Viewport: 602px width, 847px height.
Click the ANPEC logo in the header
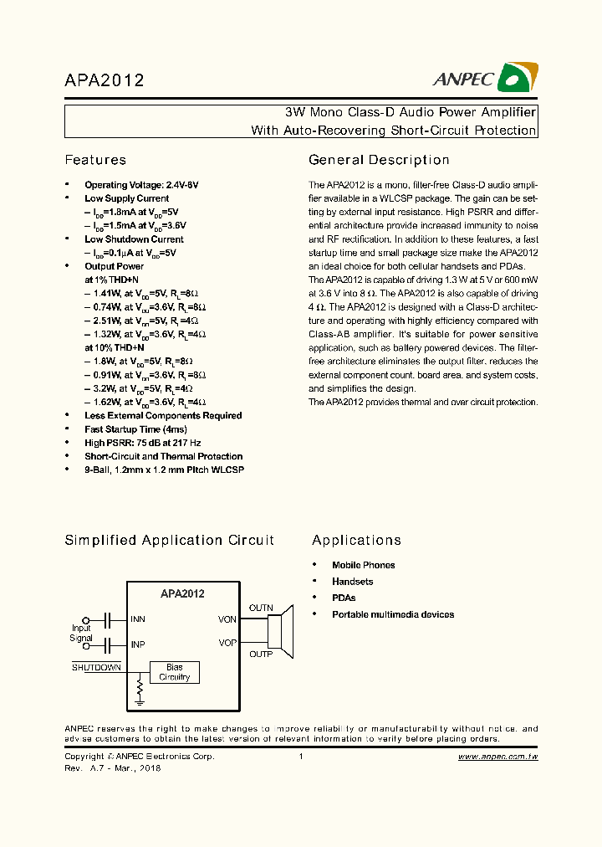click(484, 80)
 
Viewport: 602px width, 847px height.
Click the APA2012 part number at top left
click(105, 80)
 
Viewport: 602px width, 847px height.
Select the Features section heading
click(95, 160)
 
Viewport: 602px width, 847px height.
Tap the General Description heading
click(379, 160)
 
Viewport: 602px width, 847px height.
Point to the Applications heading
click(356, 541)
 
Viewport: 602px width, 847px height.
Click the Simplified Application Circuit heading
click(169, 541)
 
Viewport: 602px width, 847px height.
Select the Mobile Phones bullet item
click(363, 565)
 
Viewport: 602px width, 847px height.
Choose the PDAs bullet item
click(344, 598)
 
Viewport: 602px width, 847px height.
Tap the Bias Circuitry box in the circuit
click(174, 672)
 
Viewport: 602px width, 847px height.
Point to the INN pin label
click(138, 620)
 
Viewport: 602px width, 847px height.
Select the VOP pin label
click(227, 642)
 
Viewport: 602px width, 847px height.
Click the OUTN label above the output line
click(261, 608)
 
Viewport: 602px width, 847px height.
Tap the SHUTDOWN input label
click(96, 667)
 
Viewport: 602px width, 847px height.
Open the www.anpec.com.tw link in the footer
click(497, 756)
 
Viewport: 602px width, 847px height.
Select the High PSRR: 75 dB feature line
click(142, 443)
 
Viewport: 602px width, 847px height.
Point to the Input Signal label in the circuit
click(81, 633)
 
